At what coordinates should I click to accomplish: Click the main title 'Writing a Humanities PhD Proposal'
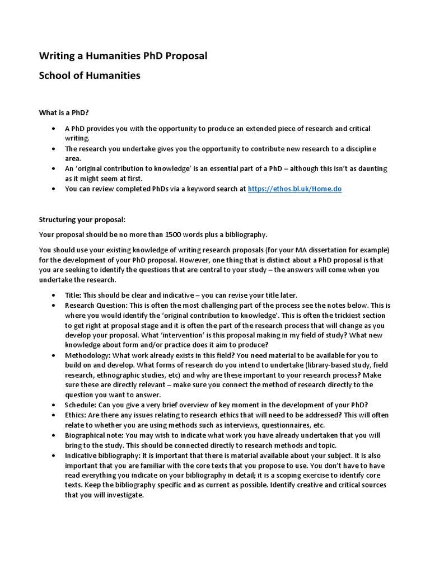123,55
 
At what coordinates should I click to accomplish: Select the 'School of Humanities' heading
90,75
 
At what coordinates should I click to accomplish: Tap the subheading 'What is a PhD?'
64,112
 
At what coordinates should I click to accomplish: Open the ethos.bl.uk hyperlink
295,189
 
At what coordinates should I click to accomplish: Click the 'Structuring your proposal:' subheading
82,219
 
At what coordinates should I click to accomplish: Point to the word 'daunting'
371,168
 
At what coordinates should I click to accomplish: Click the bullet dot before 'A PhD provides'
53,129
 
